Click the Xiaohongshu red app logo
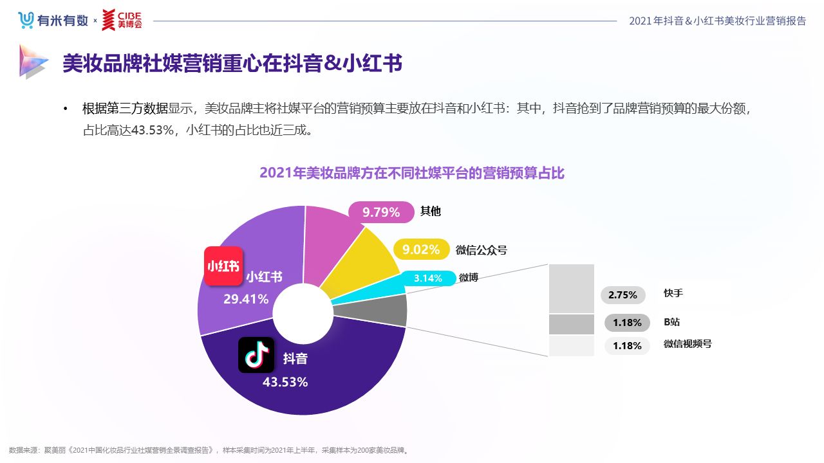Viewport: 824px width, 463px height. point(223,266)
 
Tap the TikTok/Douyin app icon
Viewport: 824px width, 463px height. point(256,354)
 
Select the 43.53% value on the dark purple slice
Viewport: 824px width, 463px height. point(285,382)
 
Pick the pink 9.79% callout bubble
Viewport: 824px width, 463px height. point(381,212)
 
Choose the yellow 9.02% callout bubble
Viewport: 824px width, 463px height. point(421,250)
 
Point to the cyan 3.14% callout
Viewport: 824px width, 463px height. point(428,278)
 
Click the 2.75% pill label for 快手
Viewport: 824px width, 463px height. point(623,295)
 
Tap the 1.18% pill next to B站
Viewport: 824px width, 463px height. point(627,322)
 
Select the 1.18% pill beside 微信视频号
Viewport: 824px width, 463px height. point(627,346)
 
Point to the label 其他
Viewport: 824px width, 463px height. point(431,211)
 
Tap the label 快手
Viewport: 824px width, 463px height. point(673,293)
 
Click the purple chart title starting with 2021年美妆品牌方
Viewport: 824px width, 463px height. point(412,173)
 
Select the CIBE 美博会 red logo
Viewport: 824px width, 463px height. point(122,20)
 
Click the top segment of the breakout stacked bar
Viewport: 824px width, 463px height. point(572,288)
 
